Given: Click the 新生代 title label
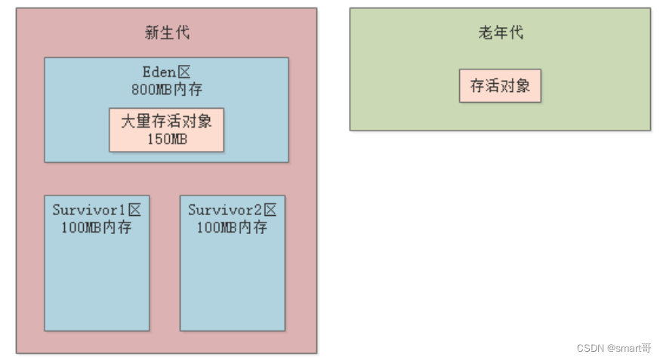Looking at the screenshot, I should pyautogui.click(x=167, y=32).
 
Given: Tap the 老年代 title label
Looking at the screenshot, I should pyautogui.click(x=500, y=32).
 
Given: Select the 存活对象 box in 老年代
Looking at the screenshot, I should pyautogui.click(x=500, y=86).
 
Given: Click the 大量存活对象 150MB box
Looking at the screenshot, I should pyautogui.click(x=166, y=130).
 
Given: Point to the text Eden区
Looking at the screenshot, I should pyautogui.click(x=166, y=72).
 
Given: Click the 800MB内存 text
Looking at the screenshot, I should pyautogui.click(x=166, y=89).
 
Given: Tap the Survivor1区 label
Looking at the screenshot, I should pyautogui.click(x=96, y=210).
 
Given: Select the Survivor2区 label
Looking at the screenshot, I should pyautogui.click(x=232, y=210).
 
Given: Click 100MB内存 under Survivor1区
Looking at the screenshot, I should pyautogui.click(x=96, y=226).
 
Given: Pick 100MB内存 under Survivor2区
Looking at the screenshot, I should pyautogui.click(x=232, y=226).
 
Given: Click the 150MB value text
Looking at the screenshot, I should pyautogui.click(x=166, y=139).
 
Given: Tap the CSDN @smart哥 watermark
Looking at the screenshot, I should pyautogui.click(x=613, y=348).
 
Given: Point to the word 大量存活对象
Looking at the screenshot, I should pyautogui.click(x=166, y=122).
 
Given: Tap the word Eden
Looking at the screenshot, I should pyautogui.click(x=159, y=72).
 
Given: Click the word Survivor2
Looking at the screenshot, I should pyautogui.click(x=225, y=210).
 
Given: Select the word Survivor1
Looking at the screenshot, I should pyautogui.click(x=89, y=210).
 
